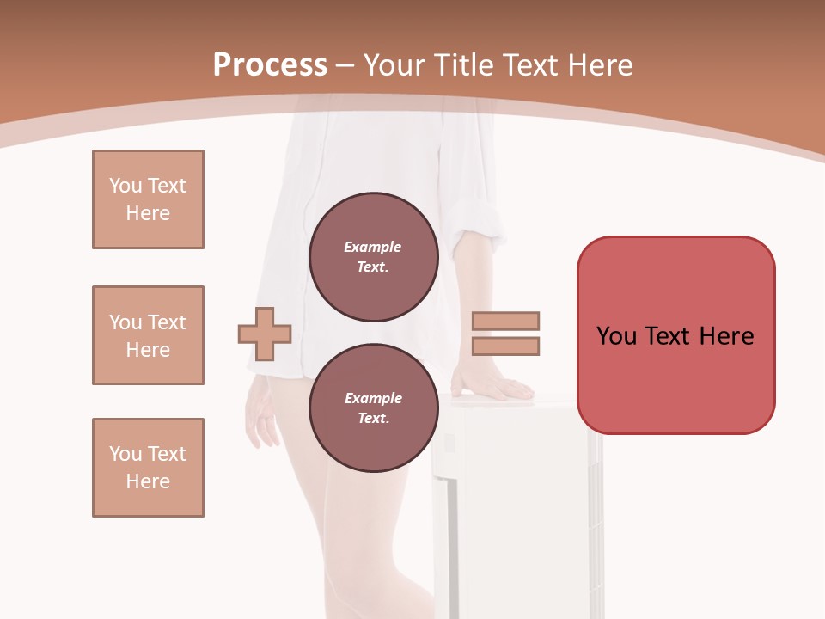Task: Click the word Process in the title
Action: point(270,64)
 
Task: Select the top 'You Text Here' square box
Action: point(148,199)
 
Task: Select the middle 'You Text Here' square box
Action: point(148,335)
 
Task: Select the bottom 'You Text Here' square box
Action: point(148,468)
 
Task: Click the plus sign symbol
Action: point(265,333)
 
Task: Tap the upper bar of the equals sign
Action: point(506,322)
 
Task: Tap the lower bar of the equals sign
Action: point(506,346)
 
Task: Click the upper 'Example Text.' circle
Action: point(373,257)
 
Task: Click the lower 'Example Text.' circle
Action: point(373,408)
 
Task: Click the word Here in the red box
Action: point(726,335)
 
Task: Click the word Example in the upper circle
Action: point(372,247)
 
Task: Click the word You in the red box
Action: point(616,335)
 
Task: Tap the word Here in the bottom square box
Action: point(148,481)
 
